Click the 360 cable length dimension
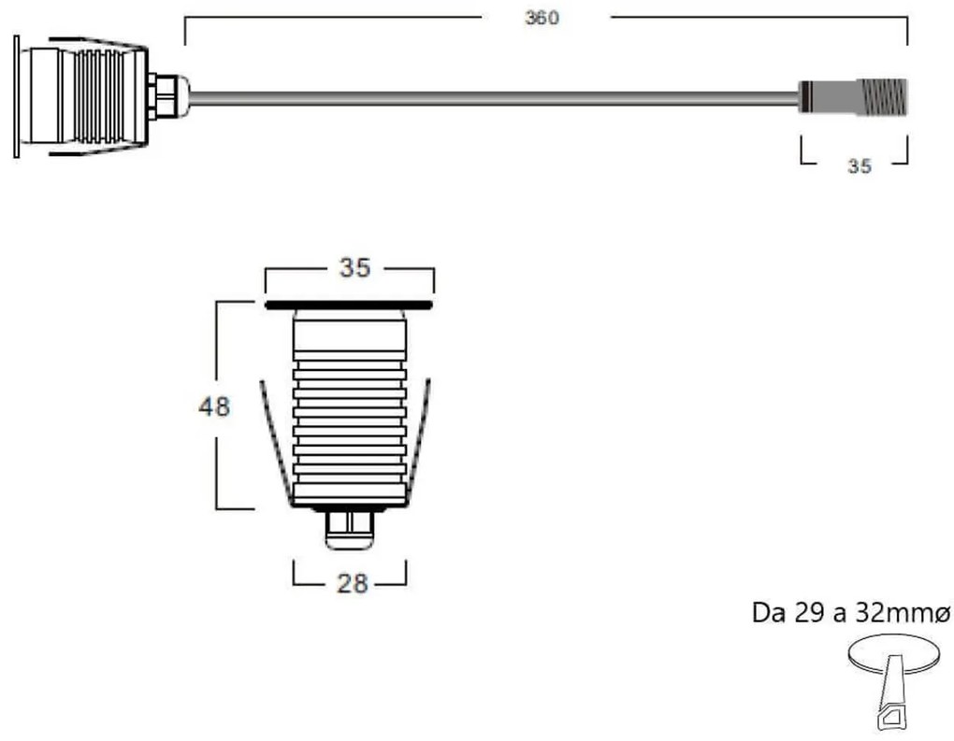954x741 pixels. (542, 19)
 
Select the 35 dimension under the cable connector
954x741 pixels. (859, 166)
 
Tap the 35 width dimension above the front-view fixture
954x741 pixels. (354, 268)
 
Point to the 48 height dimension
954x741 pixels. (214, 406)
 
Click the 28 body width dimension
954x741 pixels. (351, 584)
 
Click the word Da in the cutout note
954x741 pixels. (767, 614)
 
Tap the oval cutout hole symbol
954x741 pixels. (896, 653)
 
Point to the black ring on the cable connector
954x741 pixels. (802, 97)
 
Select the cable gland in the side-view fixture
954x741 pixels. (166, 96)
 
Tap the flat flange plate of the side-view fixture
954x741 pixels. (16, 96)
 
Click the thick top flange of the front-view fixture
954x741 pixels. (349, 305)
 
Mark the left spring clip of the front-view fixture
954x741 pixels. (272, 439)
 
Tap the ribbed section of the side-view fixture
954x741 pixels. (98, 96)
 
